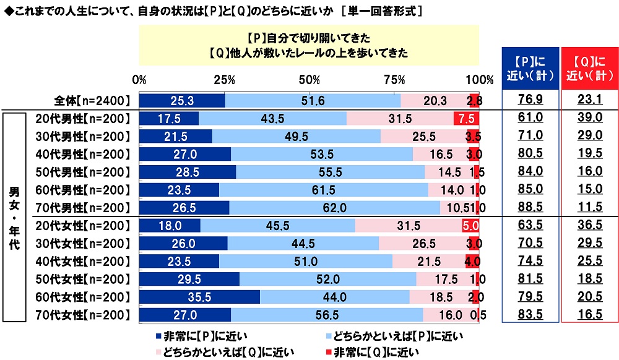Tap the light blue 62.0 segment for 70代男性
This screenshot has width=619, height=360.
click(x=334, y=207)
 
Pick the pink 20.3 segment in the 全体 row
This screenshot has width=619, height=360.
click(x=426, y=100)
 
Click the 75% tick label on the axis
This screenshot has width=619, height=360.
click(x=394, y=80)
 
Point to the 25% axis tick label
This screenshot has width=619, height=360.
click(x=224, y=80)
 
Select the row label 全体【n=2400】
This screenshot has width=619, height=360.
click(x=91, y=100)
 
